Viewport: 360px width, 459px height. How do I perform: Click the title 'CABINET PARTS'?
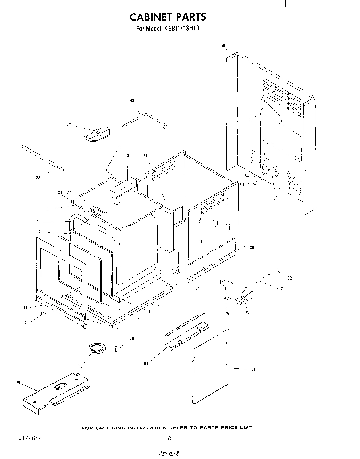click(168, 17)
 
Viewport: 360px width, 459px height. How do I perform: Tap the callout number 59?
click(223, 45)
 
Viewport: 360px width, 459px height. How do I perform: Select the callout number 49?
click(132, 100)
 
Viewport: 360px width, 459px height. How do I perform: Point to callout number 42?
click(69, 125)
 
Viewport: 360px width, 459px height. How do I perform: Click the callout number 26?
click(252, 247)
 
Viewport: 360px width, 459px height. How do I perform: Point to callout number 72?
click(290, 278)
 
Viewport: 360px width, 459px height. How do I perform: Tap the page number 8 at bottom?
click(169, 438)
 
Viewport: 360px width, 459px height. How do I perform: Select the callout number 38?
click(38, 178)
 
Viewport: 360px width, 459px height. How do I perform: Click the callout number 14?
click(27, 322)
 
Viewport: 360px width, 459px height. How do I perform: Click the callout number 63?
click(275, 198)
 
